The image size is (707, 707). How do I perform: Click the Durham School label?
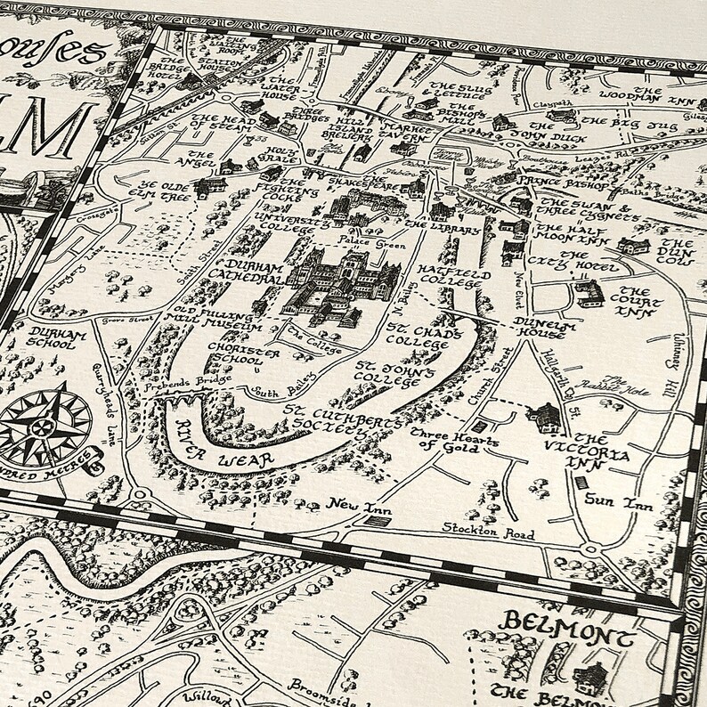(x=48, y=319)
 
